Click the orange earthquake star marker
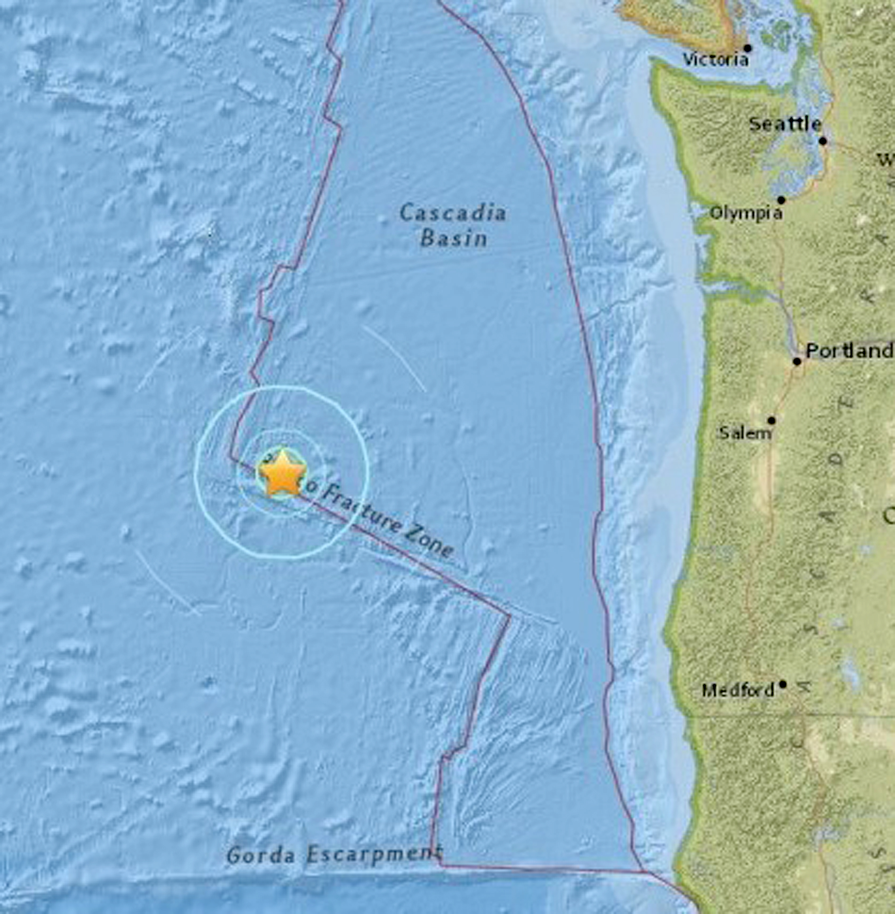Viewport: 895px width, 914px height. coord(282,473)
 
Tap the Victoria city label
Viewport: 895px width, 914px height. coord(715,60)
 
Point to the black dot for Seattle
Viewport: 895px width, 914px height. coord(823,141)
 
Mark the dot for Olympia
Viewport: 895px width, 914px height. coord(781,200)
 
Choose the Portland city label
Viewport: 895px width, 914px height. coord(849,351)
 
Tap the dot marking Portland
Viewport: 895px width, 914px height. coord(797,361)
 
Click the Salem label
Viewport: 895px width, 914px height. coord(745,433)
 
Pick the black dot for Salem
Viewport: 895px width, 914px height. coord(771,420)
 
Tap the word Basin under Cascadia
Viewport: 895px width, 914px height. coord(454,239)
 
